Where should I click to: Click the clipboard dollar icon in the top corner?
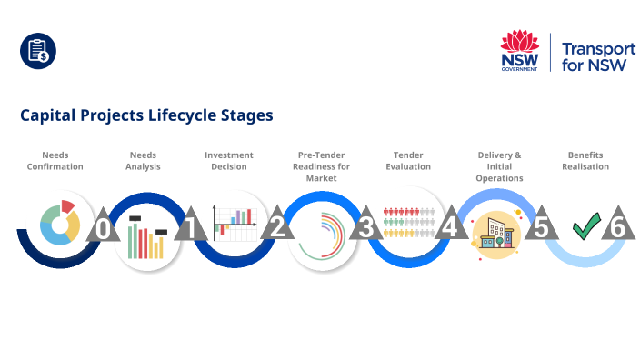pyautogui.click(x=38, y=51)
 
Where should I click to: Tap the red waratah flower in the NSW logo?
pyautogui.click(x=520, y=42)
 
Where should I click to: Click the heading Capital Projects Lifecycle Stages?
pyautogui.click(x=146, y=116)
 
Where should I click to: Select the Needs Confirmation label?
pyautogui.click(x=55, y=161)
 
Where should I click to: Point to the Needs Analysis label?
pyautogui.click(x=144, y=161)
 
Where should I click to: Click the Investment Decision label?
pyautogui.click(x=229, y=161)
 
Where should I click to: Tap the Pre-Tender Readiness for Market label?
pyautogui.click(x=322, y=166)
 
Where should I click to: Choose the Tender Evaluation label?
pyautogui.click(x=408, y=161)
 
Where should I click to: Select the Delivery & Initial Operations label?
pyautogui.click(x=499, y=166)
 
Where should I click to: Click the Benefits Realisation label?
pyautogui.click(x=585, y=161)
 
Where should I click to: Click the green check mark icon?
pyautogui.click(x=585, y=227)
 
